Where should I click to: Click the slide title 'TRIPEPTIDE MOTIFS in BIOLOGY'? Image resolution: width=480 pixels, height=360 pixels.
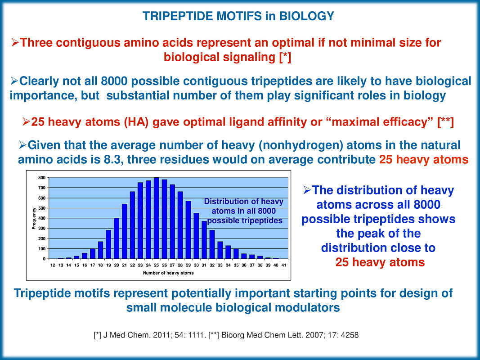point(238,16)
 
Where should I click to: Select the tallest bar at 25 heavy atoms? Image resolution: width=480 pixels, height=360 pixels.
point(157,218)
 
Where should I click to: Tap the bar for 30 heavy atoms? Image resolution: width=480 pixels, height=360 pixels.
point(197,236)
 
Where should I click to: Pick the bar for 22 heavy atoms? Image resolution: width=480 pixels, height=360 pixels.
point(132,225)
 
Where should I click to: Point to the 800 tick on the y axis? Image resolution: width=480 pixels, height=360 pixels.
point(41,178)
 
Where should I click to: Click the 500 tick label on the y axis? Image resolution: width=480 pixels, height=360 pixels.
point(41,208)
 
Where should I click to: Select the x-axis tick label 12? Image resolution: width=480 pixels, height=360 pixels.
point(53,265)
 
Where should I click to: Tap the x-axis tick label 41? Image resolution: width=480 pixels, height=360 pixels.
point(283,265)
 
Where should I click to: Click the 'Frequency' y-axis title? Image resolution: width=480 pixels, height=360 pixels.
point(34,218)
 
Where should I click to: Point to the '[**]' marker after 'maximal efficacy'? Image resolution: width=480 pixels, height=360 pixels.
point(445,122)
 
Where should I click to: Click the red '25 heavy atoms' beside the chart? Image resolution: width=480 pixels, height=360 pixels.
point(380,262)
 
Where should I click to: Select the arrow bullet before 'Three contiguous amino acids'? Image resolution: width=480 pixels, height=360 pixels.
point(15,43)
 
